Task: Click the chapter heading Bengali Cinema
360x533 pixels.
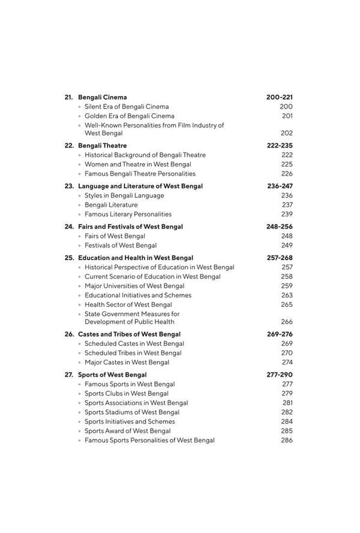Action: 103,97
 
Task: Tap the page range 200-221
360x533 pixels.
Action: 280,97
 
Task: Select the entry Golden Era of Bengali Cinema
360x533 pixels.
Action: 130,116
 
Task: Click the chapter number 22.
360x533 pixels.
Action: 69,146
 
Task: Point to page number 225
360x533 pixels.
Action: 287,164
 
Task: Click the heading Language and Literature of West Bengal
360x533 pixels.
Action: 140,186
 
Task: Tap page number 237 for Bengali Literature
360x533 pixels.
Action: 287,205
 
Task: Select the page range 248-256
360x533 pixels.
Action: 280,227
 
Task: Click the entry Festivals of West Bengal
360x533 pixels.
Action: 121,245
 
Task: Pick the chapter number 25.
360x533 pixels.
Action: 69,258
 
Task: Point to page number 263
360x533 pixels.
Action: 287,295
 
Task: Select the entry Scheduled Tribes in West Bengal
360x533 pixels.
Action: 133,353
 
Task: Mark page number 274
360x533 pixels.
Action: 287,362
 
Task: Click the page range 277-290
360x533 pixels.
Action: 280,375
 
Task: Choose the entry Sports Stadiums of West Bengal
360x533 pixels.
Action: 131,412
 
